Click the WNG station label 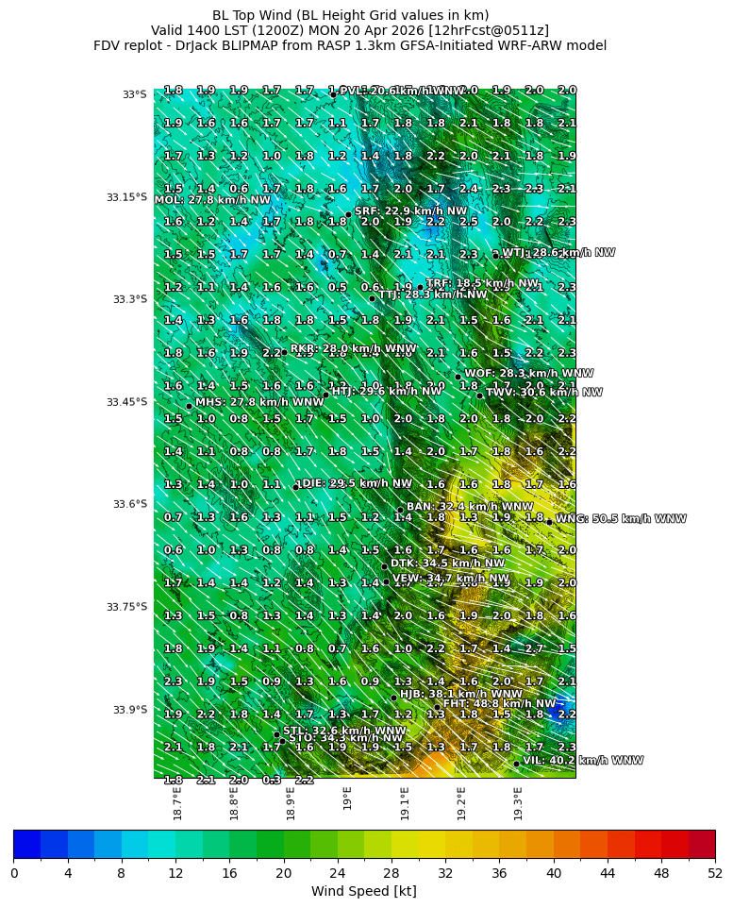tap(621, 519)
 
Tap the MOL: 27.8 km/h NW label tap(212, 200)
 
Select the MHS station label tap(259, 403)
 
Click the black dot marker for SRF tap(348, 214)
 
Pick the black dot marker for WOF tap(458, 377)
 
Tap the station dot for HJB tap(394, 698)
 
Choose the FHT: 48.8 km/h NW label tap(499, 704)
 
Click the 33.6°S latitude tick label tap(127, 504)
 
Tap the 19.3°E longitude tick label tap(518, 803)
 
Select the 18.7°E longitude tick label tap(177, 803)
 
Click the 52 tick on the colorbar tap(715, 873)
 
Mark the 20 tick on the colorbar tap(283, 873)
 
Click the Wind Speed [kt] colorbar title tap(363, 891)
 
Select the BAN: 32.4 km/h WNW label tap(469, 508)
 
